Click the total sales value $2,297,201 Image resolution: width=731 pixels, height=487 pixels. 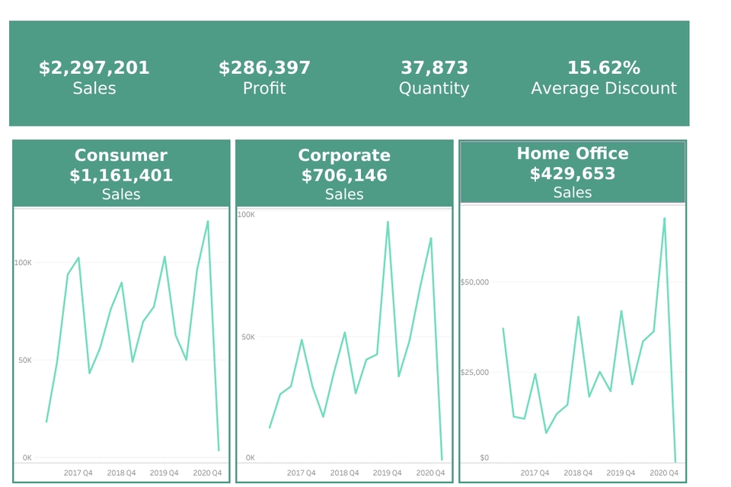point(94,68)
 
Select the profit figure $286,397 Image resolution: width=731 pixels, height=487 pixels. point(264,68)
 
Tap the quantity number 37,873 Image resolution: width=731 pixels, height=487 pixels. point(434,68)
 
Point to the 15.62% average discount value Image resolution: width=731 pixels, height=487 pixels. point(603,68)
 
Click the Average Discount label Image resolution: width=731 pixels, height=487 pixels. point(603,88)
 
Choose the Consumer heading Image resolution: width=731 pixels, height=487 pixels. point(121,155)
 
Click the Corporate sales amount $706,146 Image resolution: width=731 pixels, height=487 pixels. point(344,175)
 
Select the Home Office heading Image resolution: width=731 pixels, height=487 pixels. point(573,153)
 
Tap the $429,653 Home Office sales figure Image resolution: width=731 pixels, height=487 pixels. point(573,173)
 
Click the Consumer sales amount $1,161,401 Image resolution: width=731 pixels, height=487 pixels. point(121,175)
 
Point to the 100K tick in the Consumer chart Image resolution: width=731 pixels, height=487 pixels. point(23,262)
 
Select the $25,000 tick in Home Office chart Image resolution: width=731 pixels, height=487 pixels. point(474,372)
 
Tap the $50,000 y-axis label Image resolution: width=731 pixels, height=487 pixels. point(474,282)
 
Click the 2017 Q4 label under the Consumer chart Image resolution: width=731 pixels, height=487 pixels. point(78,473)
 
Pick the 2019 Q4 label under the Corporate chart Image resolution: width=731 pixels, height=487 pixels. point(388,473)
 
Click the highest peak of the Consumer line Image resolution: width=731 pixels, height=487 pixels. point(207,221)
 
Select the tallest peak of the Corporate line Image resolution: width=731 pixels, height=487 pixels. point(388,222)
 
